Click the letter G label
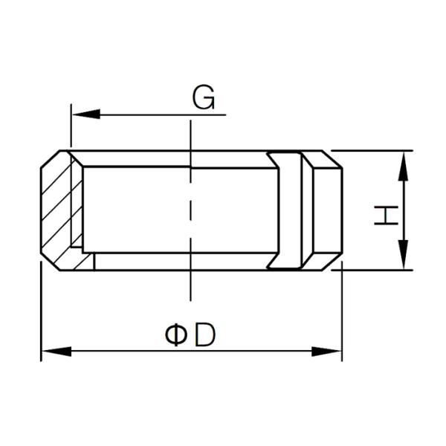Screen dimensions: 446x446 tap(203, 98)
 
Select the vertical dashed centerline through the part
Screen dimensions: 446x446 tap(191, 216)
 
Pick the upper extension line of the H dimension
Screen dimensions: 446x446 tap(372, 150)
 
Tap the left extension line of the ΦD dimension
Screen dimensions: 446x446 tap(41, 312)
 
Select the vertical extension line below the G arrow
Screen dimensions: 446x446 tap(71, 130)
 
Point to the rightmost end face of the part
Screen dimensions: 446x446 tap(341, 210)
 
